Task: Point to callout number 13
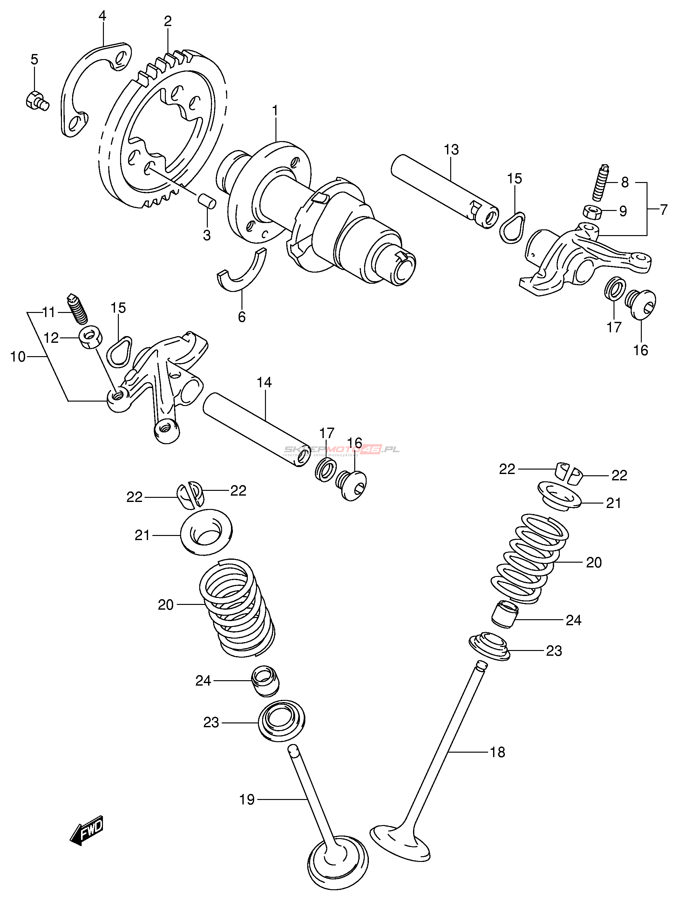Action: coord(451,150)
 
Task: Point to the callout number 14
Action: coord(264,383)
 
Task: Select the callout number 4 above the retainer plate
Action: coord(102,16)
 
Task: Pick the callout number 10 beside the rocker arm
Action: coord(18,357)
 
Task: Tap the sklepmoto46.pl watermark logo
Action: coord(342,450)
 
